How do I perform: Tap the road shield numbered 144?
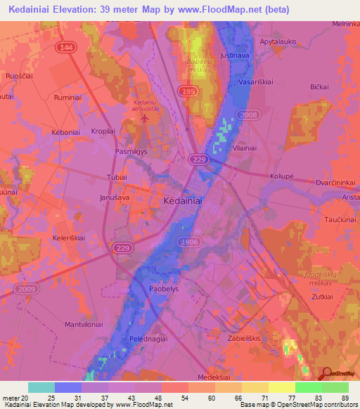pyautogui.click(x=65, y=46)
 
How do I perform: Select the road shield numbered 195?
pyautogui.click(x=187, y=93)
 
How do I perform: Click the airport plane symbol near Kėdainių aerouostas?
pyautogui.click(x=146, y=117)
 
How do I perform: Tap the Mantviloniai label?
pyautogui.click(x=84, y=325)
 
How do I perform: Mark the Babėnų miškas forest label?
pyautogui.click(x=199, y=66)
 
